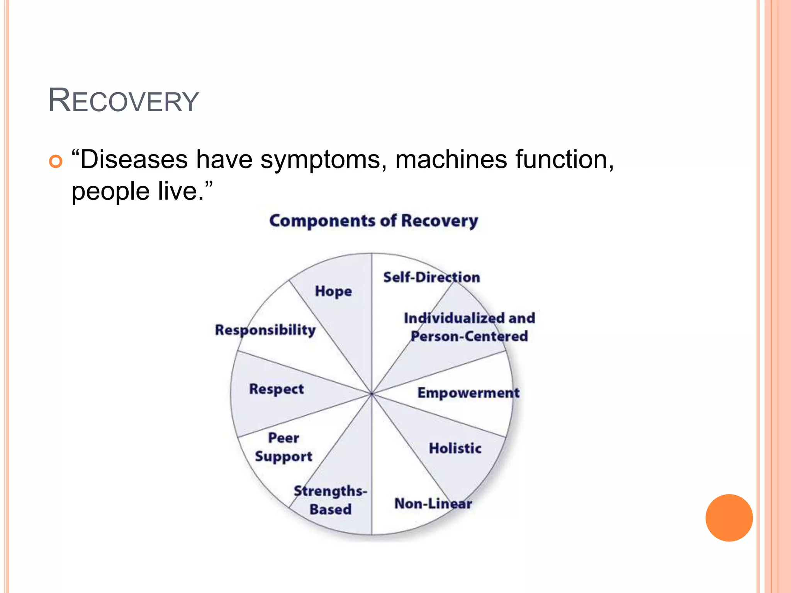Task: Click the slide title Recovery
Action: [x=123, y=101]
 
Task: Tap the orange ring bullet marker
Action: [x=56, y=161]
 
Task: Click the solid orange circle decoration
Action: [x=729, y=518]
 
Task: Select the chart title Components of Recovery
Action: [x=373, y=221]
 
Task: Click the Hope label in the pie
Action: [x=333, y=291]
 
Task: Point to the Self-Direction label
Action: [x=431, y=278]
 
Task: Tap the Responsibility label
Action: [x=265, y=330]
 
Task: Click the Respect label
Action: [x=277, y=389]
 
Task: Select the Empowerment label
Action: [x=468, y=393]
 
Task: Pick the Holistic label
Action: [x=455, y=449]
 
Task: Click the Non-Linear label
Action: [x=433, y=504]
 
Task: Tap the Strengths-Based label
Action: [x=331, y=500]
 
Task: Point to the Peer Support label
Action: [x=283, y=447]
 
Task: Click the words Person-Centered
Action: [x=469, y=336]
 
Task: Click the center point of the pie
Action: [x=372, y=394]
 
